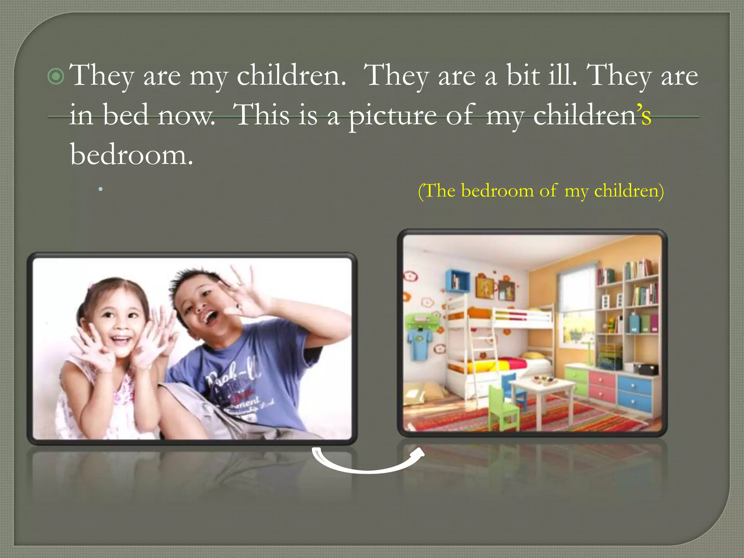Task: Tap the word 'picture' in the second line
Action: click(392, 116)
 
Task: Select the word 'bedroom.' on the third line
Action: click(132, 155)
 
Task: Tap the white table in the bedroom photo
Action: click(541, 389)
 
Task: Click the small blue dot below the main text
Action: click(101, 189)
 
